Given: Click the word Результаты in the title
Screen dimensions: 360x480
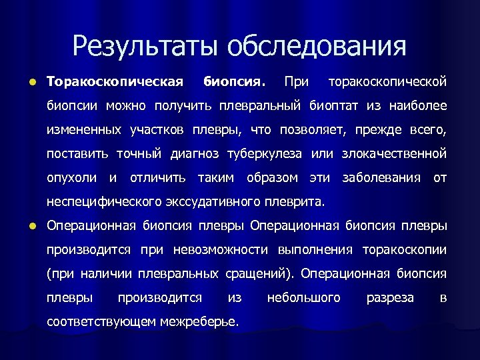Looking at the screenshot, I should [x=145, y=46].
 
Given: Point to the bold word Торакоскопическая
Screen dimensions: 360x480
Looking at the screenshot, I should [x=115, y=82].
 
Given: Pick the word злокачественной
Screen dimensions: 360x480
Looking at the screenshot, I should [x=394, y=154].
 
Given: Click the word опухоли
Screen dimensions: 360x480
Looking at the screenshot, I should [x=72, y=177].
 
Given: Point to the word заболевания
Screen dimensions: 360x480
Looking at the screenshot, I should [x=381, y=177].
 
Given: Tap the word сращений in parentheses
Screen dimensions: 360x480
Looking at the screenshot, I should [x=261, y=273].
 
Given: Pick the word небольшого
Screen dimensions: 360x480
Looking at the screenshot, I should [x=303, y=297].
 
